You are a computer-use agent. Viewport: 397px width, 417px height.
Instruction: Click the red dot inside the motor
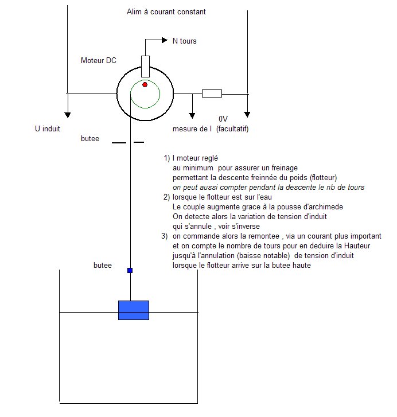pyautogui.click(x=145, y=84)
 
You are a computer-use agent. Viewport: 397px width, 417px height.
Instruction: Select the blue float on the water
pyautogui.click(x=133, y=310)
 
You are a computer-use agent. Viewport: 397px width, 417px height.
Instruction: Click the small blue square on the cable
pyautogui.click(x=130, y=270)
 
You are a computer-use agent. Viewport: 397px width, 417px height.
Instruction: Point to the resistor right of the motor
pyautogui.click(x=212, y=93)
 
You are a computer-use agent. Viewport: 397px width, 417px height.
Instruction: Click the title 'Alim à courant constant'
pyautogui.click(x=166, y=11)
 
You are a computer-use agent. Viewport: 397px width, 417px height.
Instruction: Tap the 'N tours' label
pyautogui.click(x=184, y=41)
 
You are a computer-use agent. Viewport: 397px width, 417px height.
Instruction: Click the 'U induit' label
pyautogui.click(x=48, y=130)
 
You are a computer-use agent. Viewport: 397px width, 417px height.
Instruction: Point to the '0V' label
pyautogui.click(x=223, y=119)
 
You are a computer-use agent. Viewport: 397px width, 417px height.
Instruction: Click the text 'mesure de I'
pyautogui.click(x=193, y=129)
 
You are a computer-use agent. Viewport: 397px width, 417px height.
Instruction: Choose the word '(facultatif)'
pyautogui.click(x=233, y=129)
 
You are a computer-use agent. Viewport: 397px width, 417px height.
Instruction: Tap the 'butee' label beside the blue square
pyautogui.click(x=102, y=266)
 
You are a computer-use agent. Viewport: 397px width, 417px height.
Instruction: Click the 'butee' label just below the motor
pyautogui.click(x=91, y=139)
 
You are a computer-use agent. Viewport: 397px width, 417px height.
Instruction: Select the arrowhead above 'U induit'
pyautogui.click(x=67, y=113)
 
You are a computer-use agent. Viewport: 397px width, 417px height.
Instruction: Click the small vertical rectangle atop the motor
pyautogui.click(x=145, y=66)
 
